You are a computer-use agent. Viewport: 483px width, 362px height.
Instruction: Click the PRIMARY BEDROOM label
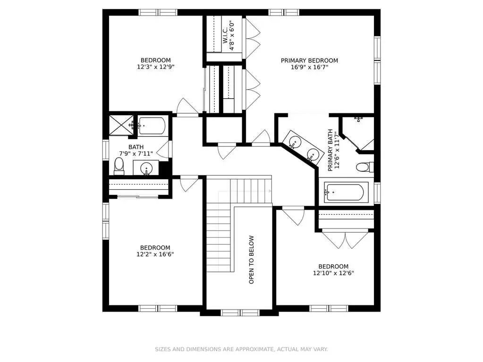tap(309, 60)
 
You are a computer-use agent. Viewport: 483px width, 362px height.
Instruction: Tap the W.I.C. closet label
tap(225, 35)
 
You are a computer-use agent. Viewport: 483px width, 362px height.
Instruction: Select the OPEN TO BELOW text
tap(252, 260)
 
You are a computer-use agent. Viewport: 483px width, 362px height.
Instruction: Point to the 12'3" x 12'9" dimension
tap(155, 67)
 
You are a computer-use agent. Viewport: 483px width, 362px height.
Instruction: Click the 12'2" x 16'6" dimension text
tap(155, 254)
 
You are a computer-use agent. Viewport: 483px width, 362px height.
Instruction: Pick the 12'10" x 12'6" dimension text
tap(334, 273)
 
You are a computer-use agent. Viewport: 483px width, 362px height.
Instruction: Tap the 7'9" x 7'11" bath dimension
tap(136, 153)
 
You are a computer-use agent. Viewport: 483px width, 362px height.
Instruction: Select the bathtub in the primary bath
tap(346, 193)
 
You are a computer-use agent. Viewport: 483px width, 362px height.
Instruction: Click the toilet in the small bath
tap(119, 166)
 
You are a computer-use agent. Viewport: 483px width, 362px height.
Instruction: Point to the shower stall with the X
tap(121, 125)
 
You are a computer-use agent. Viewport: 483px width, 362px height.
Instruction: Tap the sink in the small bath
tap(146, 168)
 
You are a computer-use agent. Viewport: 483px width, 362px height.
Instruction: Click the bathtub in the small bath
tap(152, 126)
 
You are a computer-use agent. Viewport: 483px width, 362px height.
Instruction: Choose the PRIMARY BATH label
tap(330, 150)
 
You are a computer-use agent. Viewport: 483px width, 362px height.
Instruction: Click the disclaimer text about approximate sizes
tap(241, 349)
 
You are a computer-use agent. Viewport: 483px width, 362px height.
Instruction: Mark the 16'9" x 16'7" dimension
tap(309, 67)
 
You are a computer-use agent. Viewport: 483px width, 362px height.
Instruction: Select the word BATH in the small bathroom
tap(136, 147)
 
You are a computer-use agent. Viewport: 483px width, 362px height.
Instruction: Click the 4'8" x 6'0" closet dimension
tap(232, 35)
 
